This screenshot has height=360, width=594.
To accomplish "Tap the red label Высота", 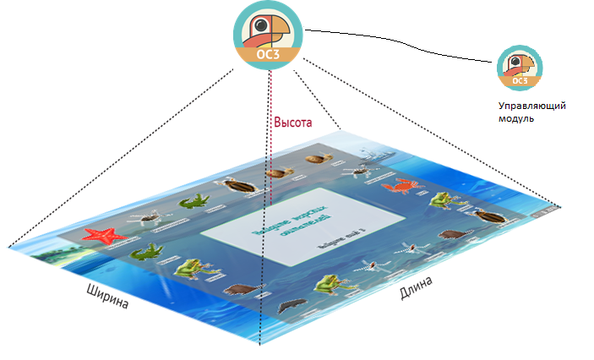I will (x=293, y=123).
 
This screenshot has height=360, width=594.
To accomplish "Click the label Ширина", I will (x=108, y=298).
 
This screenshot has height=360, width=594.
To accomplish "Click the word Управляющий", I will (x=530, y=106).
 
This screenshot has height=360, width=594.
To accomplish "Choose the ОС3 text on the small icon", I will (x=520, y=81).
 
